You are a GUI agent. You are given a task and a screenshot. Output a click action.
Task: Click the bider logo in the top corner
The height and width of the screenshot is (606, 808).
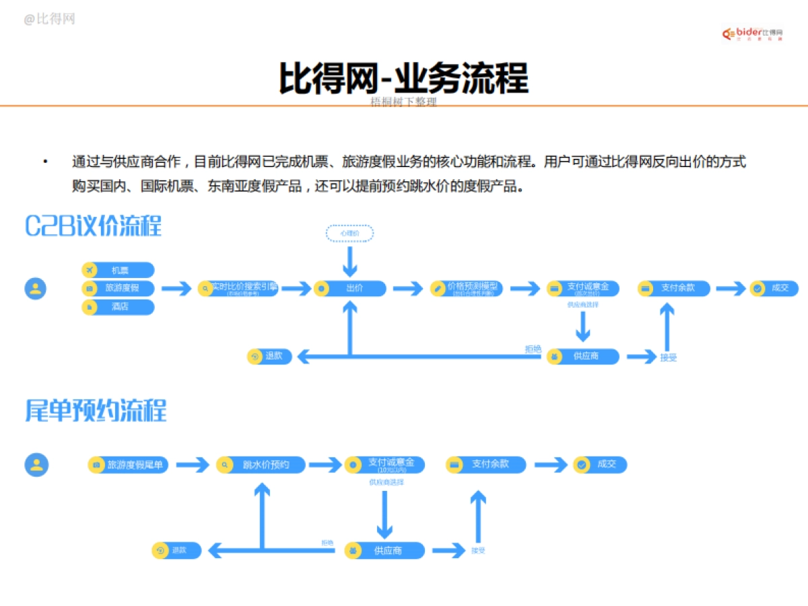[753, 33]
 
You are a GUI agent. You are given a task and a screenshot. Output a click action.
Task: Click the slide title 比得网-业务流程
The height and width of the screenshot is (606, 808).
[404, 78]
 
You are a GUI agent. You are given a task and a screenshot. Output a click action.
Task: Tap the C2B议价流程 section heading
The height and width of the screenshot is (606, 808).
[94, 226]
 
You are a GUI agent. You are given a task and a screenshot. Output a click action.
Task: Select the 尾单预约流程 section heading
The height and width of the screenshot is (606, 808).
[96, 410]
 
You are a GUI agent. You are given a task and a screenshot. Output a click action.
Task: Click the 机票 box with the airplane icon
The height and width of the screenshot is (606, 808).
[118, 270]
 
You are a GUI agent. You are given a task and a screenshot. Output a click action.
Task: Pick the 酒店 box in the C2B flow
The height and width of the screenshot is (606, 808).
[118, 307]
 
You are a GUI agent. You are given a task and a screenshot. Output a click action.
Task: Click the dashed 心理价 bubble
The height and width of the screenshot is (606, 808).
[349, 234]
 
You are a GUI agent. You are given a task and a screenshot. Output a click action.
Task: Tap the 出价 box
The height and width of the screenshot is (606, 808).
[349, 288]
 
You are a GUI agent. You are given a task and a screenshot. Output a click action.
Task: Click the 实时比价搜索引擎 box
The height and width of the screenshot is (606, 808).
[238, 288]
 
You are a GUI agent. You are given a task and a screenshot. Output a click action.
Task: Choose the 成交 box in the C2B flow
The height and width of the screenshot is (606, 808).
[774, 288]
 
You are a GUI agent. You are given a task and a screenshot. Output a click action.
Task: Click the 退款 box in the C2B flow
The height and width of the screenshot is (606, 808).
[269, 356]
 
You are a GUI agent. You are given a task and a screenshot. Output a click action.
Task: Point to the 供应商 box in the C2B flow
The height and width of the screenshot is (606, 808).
[582, 356]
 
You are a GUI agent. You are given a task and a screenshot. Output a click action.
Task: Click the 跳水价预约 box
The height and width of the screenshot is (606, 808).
[261, 465]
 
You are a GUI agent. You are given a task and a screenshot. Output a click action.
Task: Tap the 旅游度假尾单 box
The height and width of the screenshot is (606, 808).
[129, 465]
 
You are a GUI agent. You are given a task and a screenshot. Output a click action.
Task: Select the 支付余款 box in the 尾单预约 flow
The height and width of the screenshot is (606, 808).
[485, 465]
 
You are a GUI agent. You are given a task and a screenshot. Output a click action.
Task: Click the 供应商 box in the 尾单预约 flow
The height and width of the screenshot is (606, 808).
[384, 550]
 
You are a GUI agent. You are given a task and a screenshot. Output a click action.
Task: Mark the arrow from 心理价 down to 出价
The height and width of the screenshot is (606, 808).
[349, 261]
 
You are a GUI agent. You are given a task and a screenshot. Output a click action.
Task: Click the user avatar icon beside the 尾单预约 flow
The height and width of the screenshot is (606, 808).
[36, 465]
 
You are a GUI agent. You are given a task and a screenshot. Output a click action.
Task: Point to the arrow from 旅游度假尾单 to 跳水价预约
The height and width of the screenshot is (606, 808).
[193, 465]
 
